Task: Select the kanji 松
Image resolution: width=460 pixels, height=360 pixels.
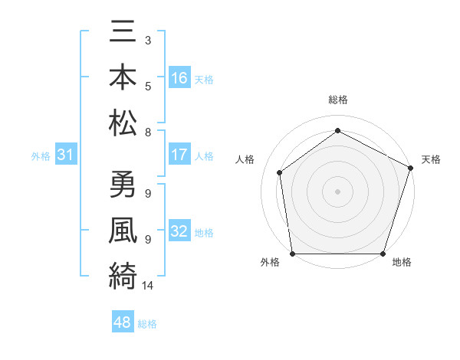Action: (123, 122)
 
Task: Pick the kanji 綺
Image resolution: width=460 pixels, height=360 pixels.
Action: (123, 273)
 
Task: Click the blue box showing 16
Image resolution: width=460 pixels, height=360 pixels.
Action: (179, 78)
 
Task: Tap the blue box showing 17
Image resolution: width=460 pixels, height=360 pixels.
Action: (179, 155)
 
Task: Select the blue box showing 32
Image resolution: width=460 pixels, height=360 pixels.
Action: (179, 232)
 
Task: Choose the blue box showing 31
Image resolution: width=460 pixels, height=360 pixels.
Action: (67, 155)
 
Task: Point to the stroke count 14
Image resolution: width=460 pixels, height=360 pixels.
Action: (148, 286)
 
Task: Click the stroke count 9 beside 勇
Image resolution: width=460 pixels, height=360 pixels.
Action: (147, 192)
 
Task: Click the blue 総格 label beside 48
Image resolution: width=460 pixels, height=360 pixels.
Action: (147, 324)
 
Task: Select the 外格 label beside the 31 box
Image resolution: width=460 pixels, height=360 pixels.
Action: (41, 156)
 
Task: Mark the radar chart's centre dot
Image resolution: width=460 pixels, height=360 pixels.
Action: (337, 191)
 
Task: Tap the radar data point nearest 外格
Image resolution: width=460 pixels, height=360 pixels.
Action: (292, 254)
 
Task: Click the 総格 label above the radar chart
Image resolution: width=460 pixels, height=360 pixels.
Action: (337, 100)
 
